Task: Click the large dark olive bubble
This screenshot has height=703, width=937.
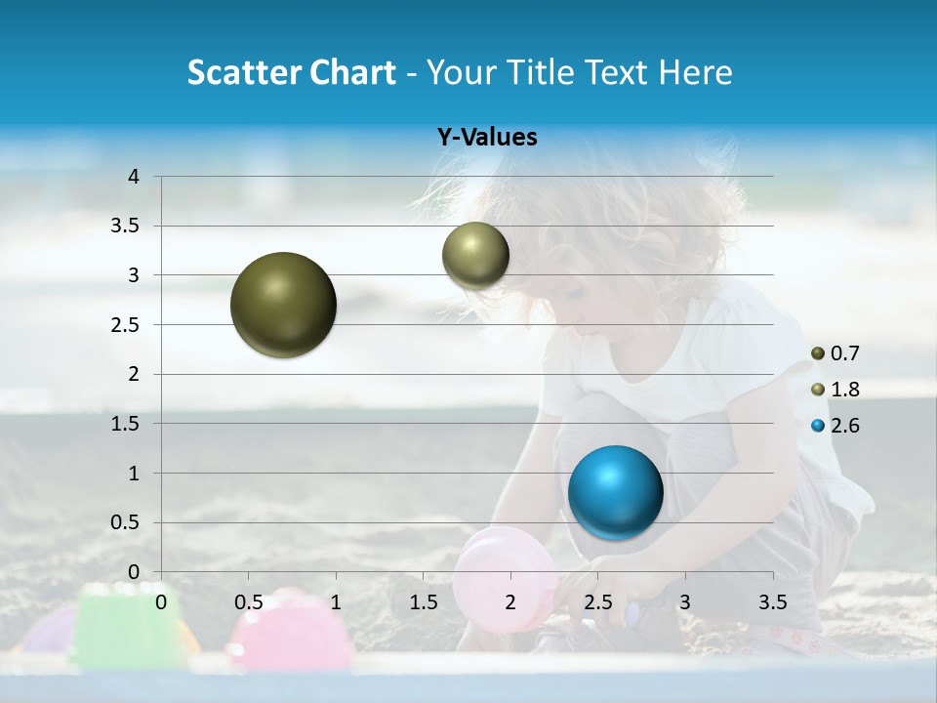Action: point(283,305)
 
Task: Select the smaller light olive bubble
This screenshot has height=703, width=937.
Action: point(475,255)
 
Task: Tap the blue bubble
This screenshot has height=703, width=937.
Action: point(615,491)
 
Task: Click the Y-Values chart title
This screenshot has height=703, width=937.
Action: point(486,138)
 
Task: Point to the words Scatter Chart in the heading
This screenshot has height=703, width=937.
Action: point(291,72)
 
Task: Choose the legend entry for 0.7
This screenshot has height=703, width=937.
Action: point(835,353)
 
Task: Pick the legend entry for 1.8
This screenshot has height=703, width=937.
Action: point(835,390)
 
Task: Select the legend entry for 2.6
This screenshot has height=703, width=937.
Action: point(835,426)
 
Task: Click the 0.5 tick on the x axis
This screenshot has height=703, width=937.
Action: point(248,601)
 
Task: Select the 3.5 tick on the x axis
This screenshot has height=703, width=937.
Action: point(772,601)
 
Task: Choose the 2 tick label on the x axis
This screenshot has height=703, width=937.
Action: point(509,601)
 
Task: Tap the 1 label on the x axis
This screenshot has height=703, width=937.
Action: point(336,601)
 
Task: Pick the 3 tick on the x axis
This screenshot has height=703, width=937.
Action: point(684,601)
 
